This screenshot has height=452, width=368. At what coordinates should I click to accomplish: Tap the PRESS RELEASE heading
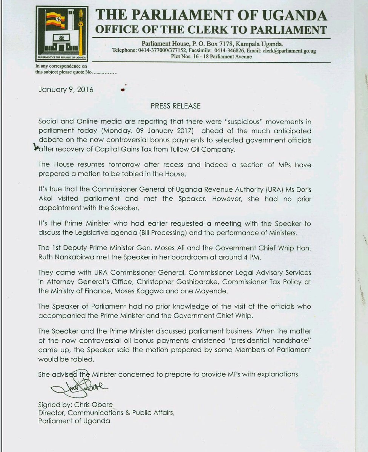pyautogui.click(x=176, y=106)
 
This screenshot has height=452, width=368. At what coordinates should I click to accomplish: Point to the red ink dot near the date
pyautogui.click(x=122, y=90)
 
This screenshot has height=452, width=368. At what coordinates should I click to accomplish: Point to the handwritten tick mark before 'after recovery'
pyautogui.click(x=37, y=148)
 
